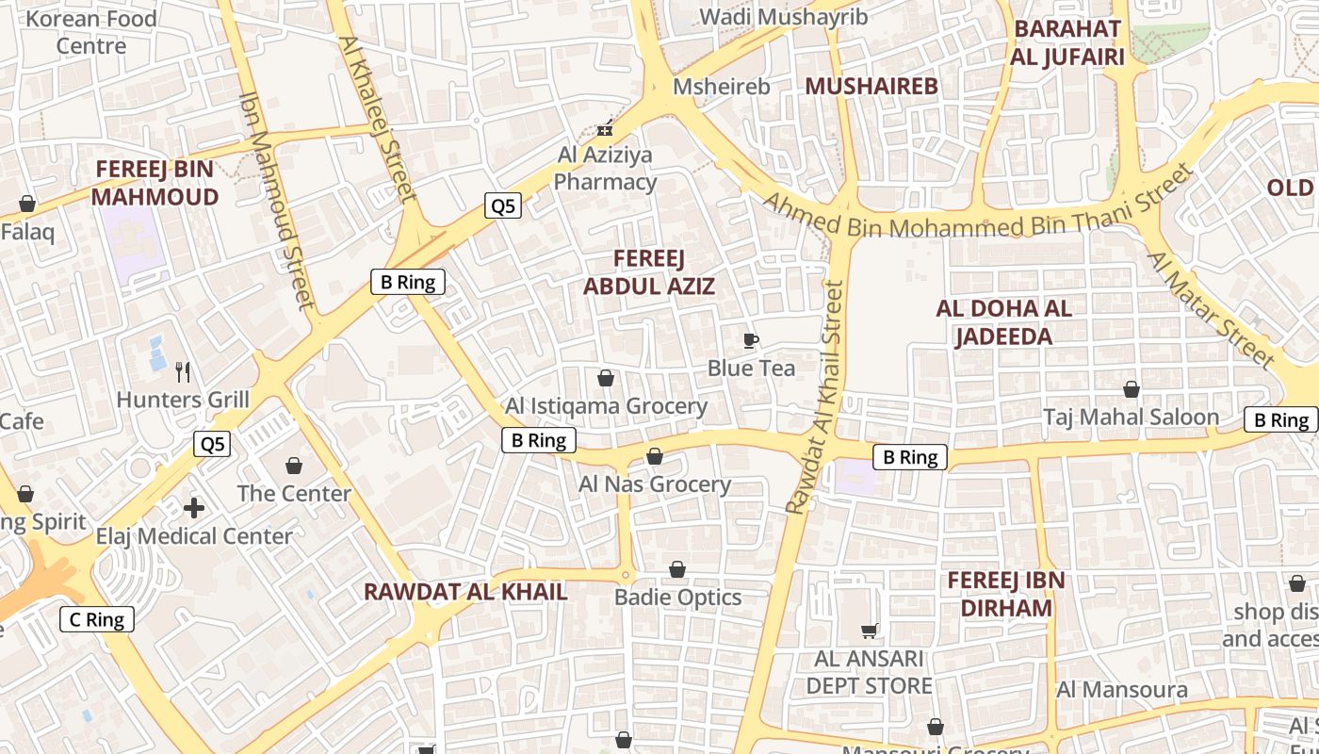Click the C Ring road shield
[x=97, y=619]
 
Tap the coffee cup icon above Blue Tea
[x=751, y=340]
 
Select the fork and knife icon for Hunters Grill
[x=183, y=372]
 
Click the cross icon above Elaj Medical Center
[x=194, y=509]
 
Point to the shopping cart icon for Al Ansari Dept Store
[x=869, y=631]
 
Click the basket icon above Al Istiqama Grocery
[x=606, y=378]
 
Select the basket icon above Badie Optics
[x=677, y=569]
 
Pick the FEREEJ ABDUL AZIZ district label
[x=649, y=272]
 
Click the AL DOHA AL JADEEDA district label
[x=1003, y=322]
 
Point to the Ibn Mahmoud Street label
[x=277, y=199]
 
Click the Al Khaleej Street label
[x=377, y=119]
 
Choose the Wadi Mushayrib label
[x=770, y=16]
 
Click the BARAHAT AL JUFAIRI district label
[x=1067, y=42]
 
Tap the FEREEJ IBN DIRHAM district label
[x=1006, y=594]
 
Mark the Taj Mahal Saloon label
[x=1131, y=417]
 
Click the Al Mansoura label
[x=1121, y=689]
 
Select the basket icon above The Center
[x=294, y=466]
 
